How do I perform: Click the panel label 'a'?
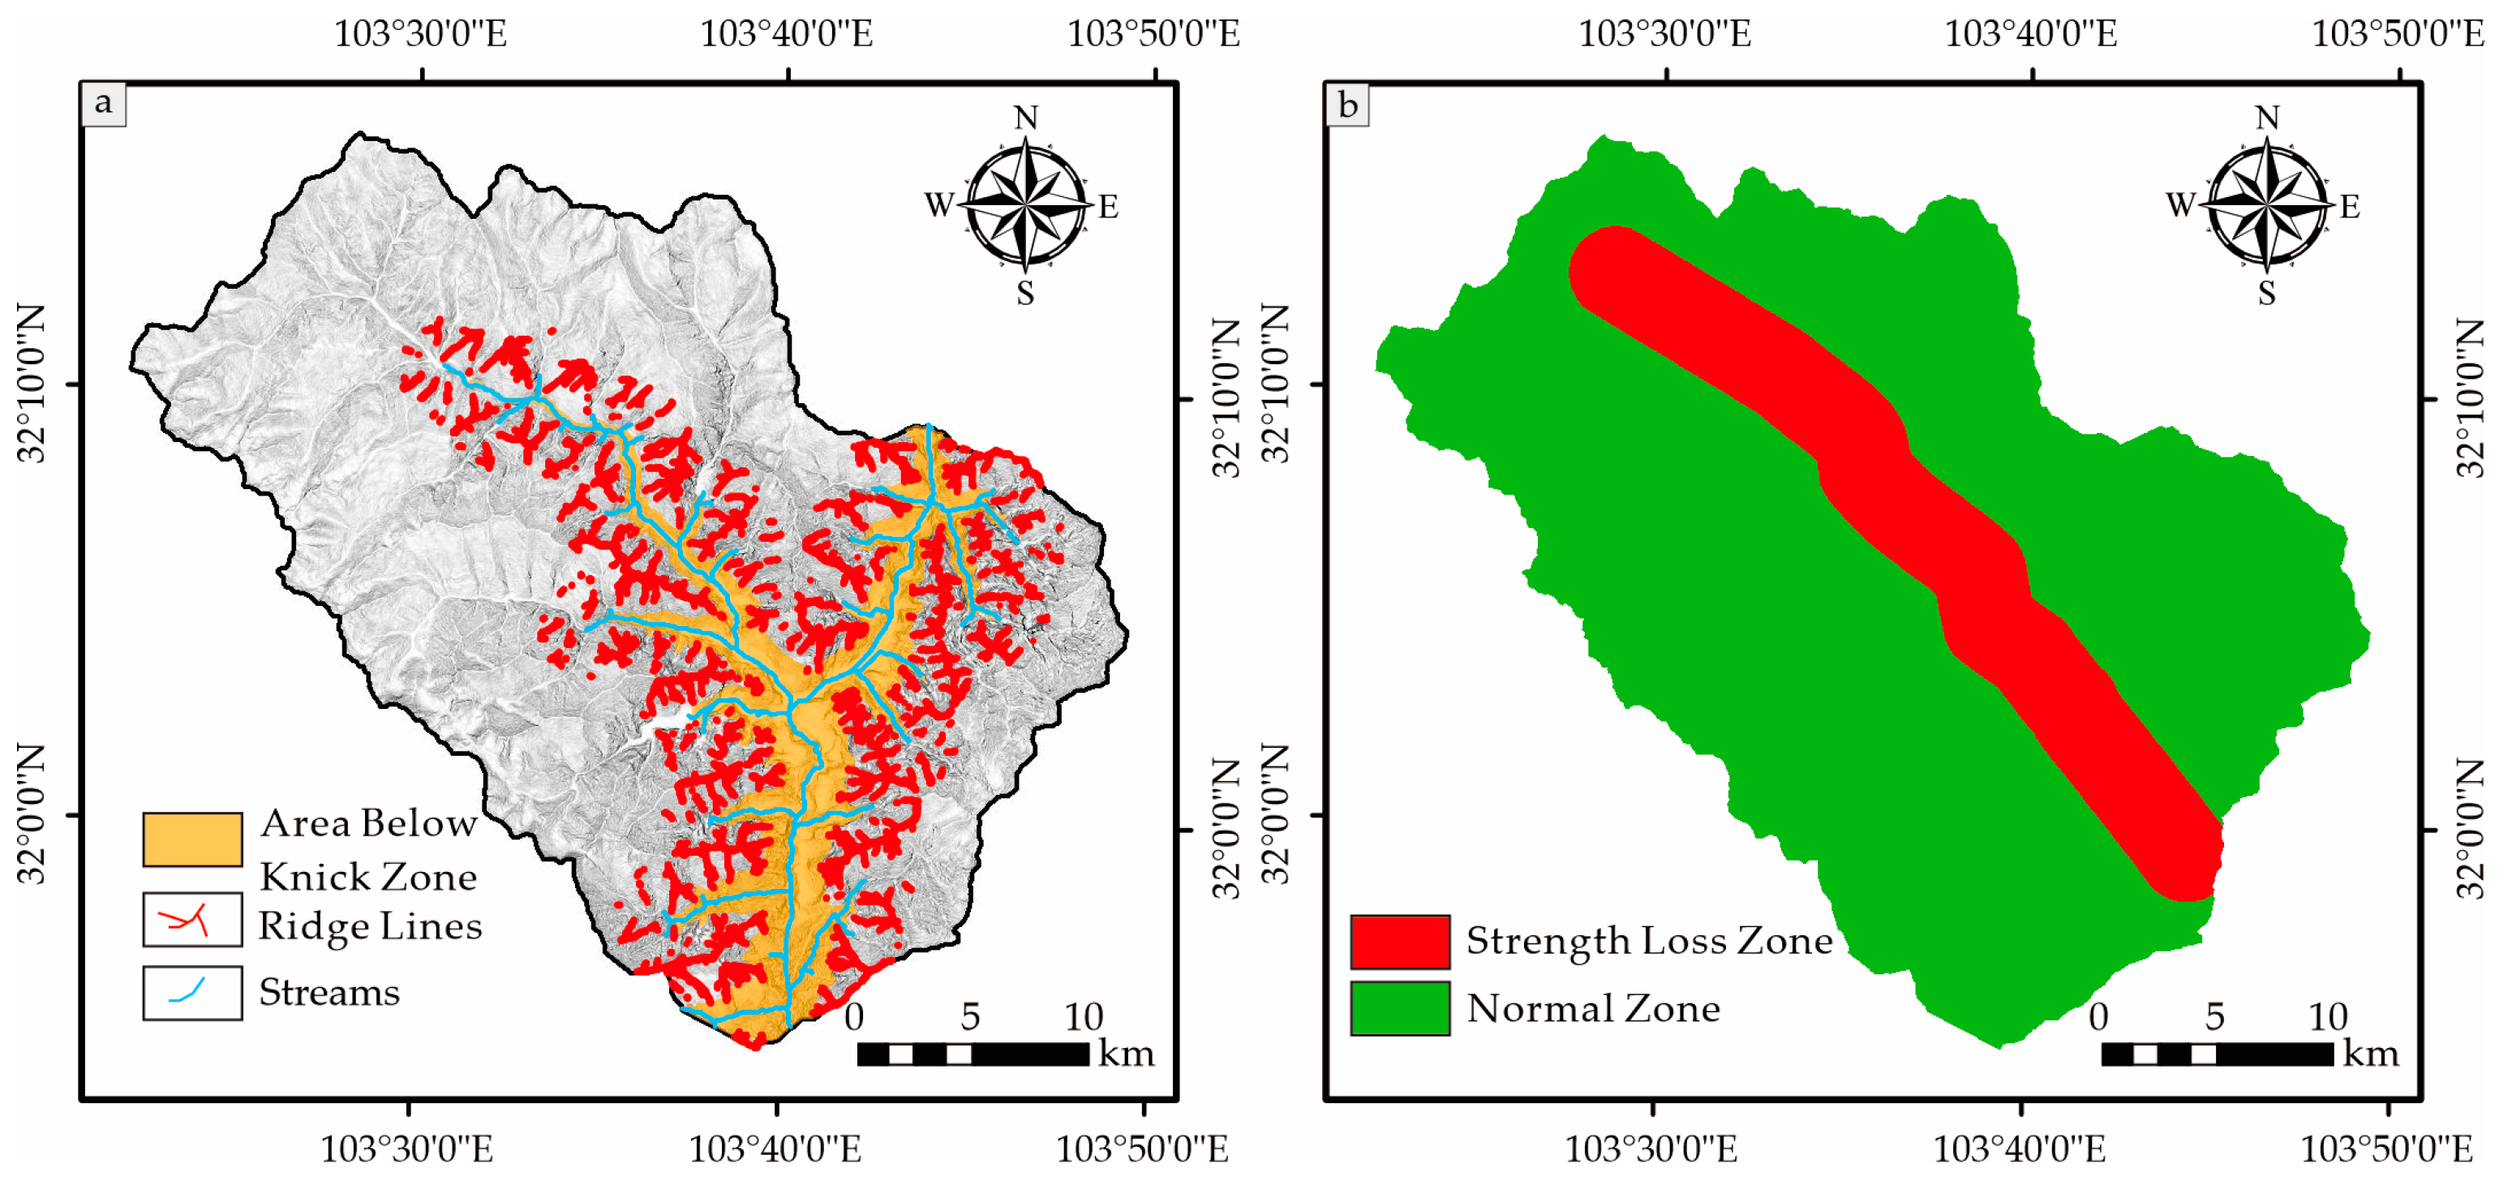coord(104,103)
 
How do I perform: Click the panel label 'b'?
coord(1347,104)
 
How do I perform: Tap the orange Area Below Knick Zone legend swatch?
coord(192,839)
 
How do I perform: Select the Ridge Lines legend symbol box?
coord(192,919)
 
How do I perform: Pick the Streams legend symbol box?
coord(192,992)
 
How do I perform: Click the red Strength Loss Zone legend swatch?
coord(1400,941)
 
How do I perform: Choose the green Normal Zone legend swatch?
coord(1400,1008)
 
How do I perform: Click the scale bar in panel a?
coord(973,1054)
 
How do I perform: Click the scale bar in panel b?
coord(2217,1054)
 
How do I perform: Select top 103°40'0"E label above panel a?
coord(786,34)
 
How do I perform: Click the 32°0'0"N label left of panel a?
coord(32,814)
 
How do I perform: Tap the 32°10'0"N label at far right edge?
coord(2473,398)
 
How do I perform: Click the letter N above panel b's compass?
coord(2267,118)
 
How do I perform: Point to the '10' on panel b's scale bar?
coord(2327,1017)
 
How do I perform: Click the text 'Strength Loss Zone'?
coord(1648,940)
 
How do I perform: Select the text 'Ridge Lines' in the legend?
coord(370,925)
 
